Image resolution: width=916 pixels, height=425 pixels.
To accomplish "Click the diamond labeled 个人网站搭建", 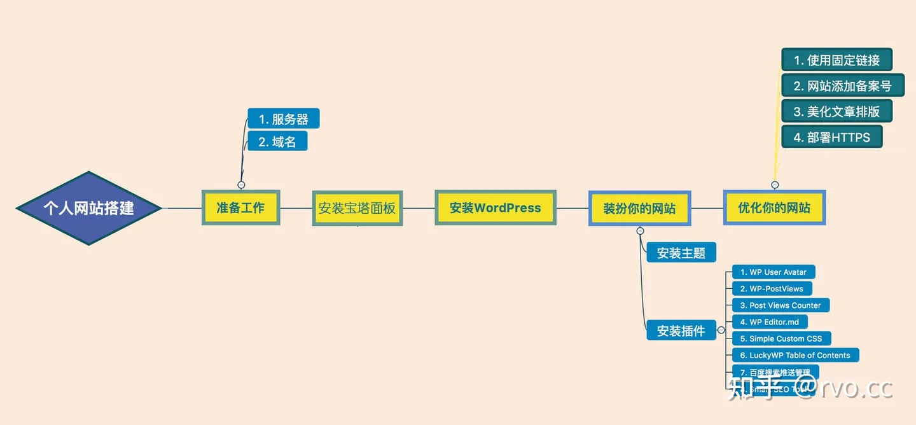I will [88, 207].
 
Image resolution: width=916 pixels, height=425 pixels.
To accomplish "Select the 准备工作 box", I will [240, 207].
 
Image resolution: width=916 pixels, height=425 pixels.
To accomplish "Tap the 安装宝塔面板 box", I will [357, 208].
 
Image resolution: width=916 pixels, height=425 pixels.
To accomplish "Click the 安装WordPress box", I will [495, 207].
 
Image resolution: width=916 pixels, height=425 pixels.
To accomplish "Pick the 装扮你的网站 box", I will [639, 208].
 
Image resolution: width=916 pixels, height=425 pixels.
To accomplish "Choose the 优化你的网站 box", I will [774, 207].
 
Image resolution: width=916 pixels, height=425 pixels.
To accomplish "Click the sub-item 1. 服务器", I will [283, 119].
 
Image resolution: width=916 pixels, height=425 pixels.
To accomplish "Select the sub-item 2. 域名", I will [277, 141].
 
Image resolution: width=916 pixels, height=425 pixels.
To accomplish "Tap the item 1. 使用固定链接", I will [836, 60].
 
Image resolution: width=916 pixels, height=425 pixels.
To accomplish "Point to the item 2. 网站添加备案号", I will [842, 86].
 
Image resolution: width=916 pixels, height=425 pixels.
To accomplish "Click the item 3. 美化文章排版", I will [836, 111].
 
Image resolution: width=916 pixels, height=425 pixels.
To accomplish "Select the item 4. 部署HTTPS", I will [831, 137].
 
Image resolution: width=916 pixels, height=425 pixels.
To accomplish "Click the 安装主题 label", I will [681, 253].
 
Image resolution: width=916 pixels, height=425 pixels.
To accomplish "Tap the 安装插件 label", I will [681, 331].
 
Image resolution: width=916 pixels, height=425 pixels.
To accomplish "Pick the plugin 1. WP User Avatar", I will [773, 272].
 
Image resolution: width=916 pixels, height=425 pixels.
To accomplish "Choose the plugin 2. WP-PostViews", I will [772, 289].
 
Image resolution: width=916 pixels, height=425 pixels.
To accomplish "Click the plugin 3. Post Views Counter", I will [781, 305].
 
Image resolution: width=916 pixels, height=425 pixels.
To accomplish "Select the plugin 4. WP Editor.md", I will [770, 322].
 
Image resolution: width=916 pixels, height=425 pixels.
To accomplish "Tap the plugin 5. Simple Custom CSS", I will [781, 338].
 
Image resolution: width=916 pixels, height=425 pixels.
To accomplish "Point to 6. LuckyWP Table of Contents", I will [795, 355].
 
